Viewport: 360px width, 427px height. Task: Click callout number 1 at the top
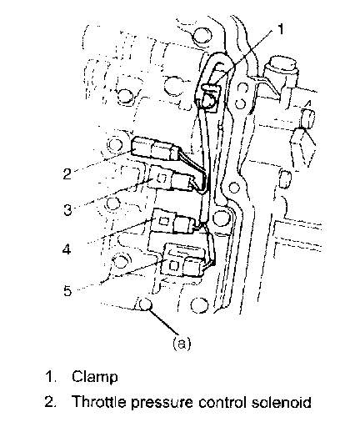coord(281,29)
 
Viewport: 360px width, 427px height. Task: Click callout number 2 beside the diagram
coord(67,174)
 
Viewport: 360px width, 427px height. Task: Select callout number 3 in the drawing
coord(67,209)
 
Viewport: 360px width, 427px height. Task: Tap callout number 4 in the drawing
coord(67,249)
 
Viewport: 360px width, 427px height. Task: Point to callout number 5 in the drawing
coord(67,291)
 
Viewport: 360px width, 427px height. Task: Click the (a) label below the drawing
coord(182,344)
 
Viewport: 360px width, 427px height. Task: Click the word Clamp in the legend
coord(95,377)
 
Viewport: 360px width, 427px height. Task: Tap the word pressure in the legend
coord(162,402)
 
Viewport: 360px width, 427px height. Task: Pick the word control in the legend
coord(222,401)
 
